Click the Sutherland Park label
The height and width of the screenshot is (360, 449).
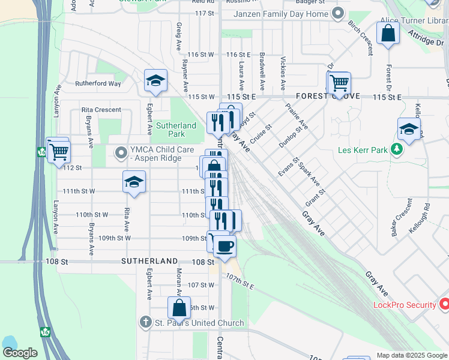click(x=176, y=130)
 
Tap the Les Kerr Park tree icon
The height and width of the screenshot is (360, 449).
click(x=397, y=149)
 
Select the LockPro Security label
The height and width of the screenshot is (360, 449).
click(x=405, y=305)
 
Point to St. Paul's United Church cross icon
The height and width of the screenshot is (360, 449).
click(x=145, y=323)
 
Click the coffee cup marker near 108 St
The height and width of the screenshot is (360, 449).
click(x=224, y=246)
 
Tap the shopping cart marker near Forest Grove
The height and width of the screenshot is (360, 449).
click(x=339, y=83)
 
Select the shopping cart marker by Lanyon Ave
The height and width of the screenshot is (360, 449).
click(x=59, y=151)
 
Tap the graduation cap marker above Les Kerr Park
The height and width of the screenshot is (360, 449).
click(x=409, y=129)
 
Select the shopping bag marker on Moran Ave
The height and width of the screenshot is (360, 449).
click(x=179, y=308)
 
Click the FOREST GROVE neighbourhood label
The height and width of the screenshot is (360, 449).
click(x=327, y=96)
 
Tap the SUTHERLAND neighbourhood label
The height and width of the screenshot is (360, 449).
click(x=149, y=262)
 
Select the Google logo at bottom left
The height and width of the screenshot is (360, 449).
click(x=20, y=353)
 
